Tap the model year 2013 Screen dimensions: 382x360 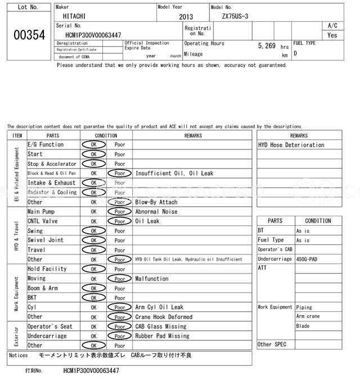click(x=186, y=17)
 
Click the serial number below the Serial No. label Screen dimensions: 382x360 click(x=93, y=35)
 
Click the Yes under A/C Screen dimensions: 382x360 click(x=332, y=35)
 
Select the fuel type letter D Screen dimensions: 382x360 click(x=295, y=54)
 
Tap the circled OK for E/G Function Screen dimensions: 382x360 click(x=93, y=145)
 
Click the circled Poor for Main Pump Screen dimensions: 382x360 click(x=119, y=212)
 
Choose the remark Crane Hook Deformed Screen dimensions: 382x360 click(x=164, y=317)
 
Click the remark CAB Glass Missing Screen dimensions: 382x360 click(x=161, y=326)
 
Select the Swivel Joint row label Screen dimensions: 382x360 click(x=46, y=240)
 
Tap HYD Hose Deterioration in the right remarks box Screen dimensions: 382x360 click(x=291, y=145)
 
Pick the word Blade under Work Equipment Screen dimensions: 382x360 click(x=303, y=326)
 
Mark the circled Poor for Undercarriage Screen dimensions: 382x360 click(x=119, y=336)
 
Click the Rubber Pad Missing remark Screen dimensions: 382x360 click(x=163, y=336)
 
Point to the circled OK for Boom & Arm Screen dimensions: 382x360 click(x=93, y=288)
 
